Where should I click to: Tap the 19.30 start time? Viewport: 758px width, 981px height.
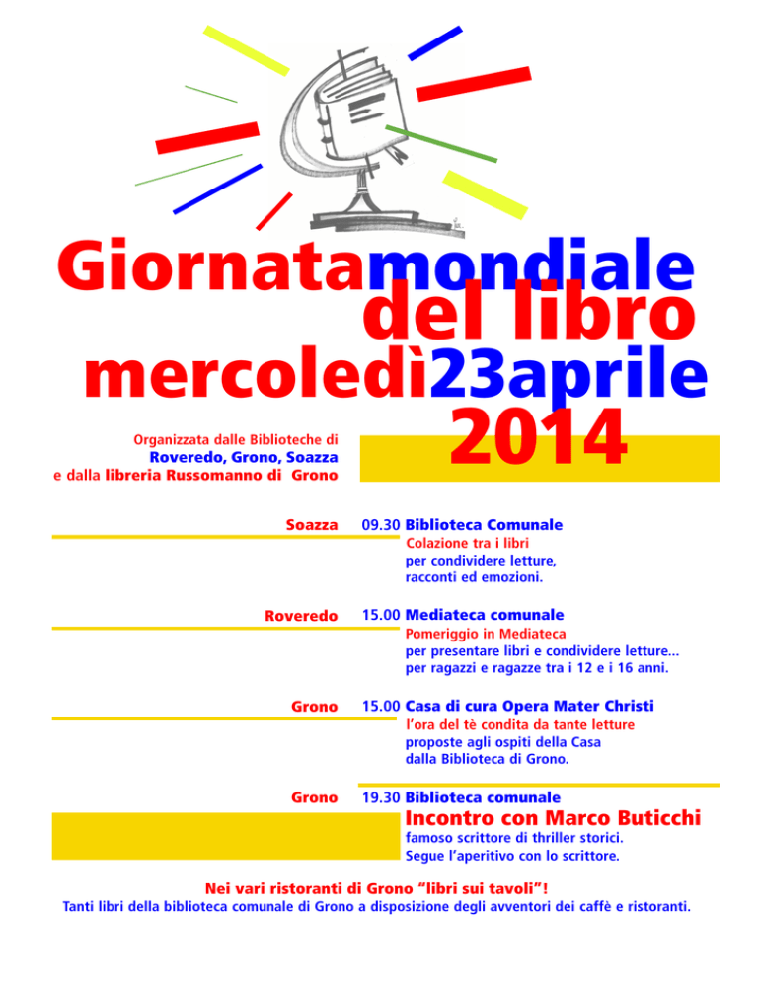(381, 796)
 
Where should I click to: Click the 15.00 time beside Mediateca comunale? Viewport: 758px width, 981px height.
(381, 615)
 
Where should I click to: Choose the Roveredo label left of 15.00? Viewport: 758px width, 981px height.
(301, 616)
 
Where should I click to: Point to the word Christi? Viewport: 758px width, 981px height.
(623, 707)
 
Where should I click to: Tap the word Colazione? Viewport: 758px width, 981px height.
(439, 543)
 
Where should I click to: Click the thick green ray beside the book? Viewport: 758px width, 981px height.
(440, 144)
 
